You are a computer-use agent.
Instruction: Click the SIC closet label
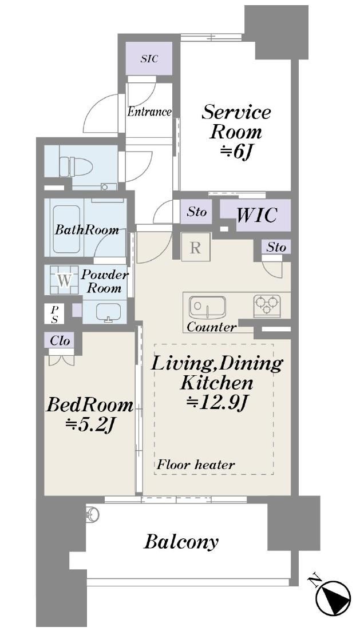click(149, 59)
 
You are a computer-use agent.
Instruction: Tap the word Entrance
click(149, 112)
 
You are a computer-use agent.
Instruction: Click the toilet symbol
click(76, 166)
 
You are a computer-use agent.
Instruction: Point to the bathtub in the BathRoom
click(66, 229)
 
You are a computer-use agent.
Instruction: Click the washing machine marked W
click(64, 280)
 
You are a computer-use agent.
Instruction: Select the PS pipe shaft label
click(54, 315)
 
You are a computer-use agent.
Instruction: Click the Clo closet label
click(60, 341)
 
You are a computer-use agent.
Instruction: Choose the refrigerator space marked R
click(195, 248)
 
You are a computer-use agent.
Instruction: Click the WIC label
click(256, 215)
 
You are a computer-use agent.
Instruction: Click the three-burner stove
click(267, 304)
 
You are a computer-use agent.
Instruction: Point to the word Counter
click(211, 327)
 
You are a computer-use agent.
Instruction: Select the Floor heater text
click(196, 465)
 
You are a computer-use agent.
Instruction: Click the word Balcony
click(181, 542)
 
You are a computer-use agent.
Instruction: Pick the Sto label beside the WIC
click(197, 212)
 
